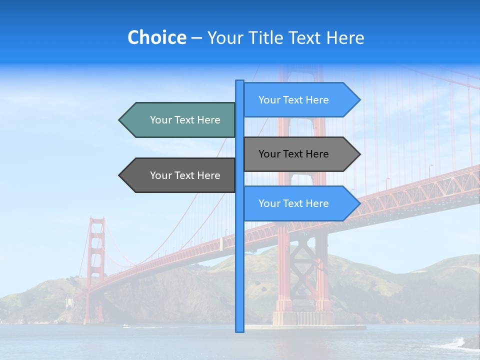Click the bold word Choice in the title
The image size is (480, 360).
[156, 37]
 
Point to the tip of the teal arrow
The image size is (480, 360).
[120, 120]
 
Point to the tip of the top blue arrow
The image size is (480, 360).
[359, 100]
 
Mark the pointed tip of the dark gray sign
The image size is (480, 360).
[120, 175]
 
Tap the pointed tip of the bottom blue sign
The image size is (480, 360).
[359, 203]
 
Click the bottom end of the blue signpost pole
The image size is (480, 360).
[240, 330]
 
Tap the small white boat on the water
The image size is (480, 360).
[125, 326]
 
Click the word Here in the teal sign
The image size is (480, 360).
[208, 120]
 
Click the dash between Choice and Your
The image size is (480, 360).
[196, 37]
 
